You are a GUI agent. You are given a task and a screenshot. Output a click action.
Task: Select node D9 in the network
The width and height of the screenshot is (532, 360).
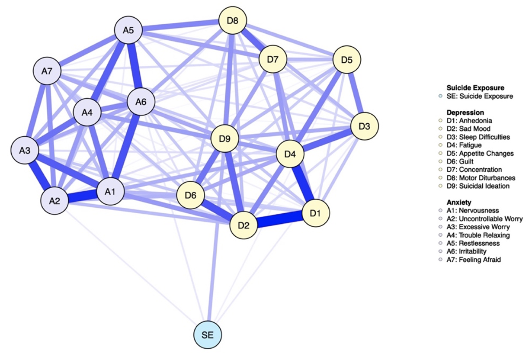click(x=224, y=139)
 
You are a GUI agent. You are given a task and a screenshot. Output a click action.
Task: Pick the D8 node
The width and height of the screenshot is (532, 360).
click(x=233, y=20)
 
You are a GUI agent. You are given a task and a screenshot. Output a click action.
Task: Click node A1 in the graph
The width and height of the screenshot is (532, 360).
click(x=110, y=191)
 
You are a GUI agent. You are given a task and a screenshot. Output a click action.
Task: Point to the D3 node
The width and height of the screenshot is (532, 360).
click(x=365, y=126)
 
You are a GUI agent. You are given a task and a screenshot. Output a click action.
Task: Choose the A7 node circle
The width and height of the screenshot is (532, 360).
click(x=47, y=71)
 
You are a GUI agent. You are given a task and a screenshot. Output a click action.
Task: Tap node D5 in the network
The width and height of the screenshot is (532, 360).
click(x=346, y=60)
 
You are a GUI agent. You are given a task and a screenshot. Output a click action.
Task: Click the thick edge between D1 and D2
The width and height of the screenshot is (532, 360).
click(x=279, y=219)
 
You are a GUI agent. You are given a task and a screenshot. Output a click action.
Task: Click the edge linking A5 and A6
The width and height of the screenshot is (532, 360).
click(x=134, y=66)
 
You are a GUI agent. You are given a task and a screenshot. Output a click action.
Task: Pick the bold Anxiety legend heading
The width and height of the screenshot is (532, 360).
click(x=459, y=202)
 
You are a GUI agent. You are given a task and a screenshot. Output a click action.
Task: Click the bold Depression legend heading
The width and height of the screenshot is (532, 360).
click(x=465, y=112)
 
